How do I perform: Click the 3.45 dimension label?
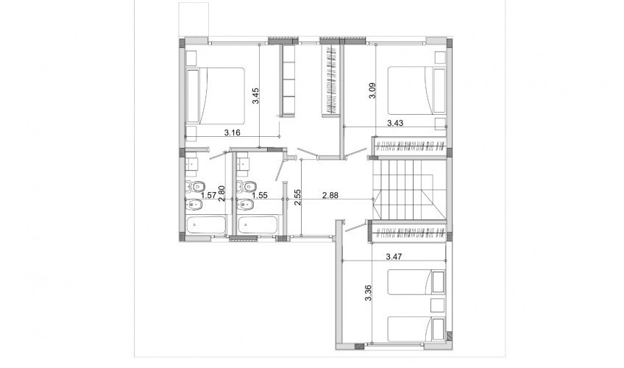coord(256,96)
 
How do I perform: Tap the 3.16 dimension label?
coord(232,132)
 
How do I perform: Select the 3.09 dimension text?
coord(372,91)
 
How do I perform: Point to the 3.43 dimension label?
coord(395,123)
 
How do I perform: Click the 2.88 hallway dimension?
coord(330,195)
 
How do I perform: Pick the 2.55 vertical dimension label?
coord(297,197)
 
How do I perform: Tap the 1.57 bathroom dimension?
coord(209,195)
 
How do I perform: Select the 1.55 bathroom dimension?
coord(260,195)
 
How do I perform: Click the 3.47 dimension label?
coord(394,257)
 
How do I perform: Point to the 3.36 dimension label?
coord(368,293)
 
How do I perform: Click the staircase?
coord(409,189)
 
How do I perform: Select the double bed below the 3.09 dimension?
coord(416,90)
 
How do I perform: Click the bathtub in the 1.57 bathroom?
coord(206,224)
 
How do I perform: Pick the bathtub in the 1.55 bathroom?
coord(258,224)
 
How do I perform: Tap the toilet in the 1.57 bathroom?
coord(195,185)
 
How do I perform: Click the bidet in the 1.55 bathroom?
coord(246,205)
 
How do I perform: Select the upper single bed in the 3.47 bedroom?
coord(416,283)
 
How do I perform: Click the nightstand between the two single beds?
coord(438,305)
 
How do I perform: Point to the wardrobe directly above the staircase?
coord(409,146)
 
